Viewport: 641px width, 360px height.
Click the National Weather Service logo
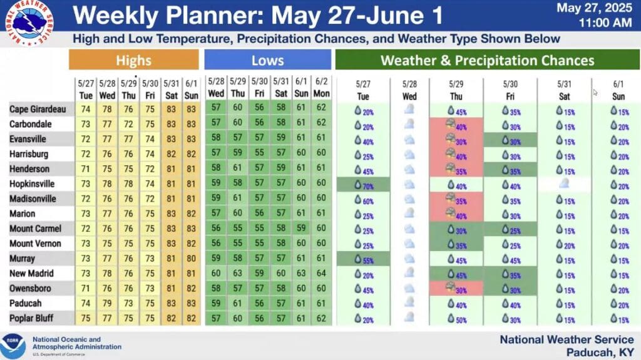tap(29, 23)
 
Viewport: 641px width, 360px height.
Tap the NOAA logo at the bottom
tap(13, 346)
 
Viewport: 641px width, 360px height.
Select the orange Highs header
tap(134, 60)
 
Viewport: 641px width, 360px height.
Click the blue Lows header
tap(268, 60)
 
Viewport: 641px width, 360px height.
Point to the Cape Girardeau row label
tap(38, 109)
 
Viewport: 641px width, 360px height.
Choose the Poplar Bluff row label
tap(31, 318)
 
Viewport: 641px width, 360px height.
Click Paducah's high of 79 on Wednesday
tap(107, 303)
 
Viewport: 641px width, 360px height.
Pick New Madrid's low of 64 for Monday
tap(321, 273)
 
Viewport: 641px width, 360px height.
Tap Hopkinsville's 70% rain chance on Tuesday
tap(364, 185)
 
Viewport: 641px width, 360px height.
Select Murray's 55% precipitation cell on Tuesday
tap(364, 260)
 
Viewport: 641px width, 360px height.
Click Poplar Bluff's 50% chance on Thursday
tap(456, 319)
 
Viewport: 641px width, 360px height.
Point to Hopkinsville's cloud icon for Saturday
tap(564, 183)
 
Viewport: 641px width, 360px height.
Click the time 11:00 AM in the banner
tap(605, 23)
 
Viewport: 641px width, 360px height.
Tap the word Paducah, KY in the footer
tap(600, 352)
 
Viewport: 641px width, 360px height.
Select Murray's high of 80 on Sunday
tap(191, 259)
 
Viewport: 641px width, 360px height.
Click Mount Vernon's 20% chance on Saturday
tap(565, 245)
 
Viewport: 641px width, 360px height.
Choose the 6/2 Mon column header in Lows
tap(321, 88)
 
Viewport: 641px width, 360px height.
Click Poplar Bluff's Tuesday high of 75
tap(85, 318)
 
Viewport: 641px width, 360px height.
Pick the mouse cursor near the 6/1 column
tap(595, 93)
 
